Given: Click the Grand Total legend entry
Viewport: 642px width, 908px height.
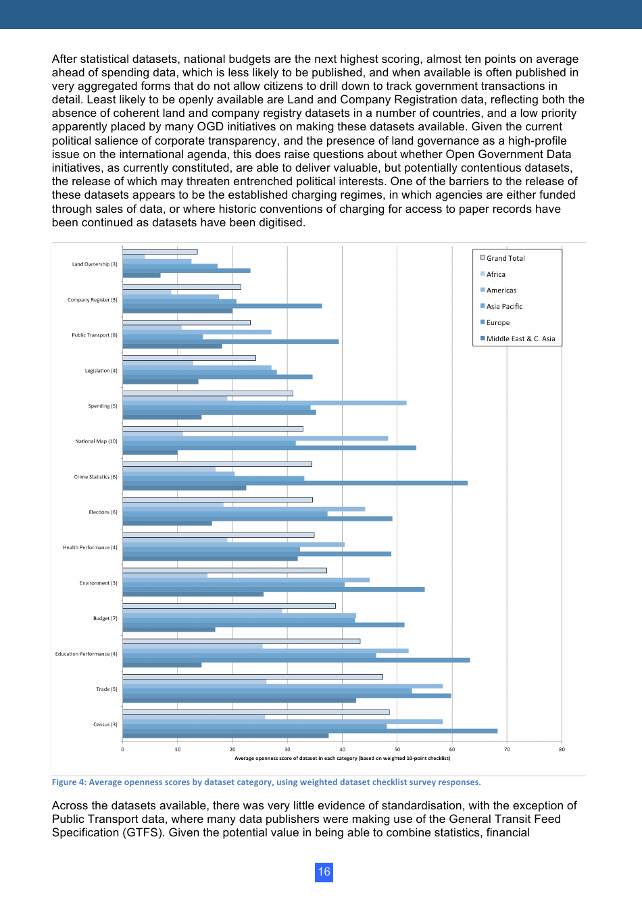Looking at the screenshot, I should (505, 258).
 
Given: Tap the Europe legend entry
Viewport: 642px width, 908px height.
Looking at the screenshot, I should (497, 323).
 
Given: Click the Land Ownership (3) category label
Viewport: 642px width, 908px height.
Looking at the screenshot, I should (95, 264).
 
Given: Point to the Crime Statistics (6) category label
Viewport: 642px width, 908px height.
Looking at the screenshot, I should (95, 477).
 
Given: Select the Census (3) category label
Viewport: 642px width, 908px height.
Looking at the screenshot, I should (105, 724).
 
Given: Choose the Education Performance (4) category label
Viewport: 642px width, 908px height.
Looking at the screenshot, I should (86, 654).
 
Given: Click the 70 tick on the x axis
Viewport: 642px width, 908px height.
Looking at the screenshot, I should (507, 749).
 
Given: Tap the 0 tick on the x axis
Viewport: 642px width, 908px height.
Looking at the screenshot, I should (122, 749).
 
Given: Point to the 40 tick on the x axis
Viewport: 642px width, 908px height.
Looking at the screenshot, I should (342, 749).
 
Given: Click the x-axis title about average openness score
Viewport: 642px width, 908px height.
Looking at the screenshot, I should (342, 758).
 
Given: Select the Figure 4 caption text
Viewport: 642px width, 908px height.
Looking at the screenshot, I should (266, 782).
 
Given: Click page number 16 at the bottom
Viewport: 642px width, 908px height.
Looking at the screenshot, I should (324, 872).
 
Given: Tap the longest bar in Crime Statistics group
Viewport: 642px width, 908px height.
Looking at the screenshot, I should (295, 483).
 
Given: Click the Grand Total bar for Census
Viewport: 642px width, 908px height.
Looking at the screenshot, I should (255, 712).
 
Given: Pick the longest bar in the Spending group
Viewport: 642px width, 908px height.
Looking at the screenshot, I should (264, 403).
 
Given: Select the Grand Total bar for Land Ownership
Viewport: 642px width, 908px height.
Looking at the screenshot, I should (159, 252).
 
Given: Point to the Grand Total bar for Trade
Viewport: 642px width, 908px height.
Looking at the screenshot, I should (252, 677).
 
